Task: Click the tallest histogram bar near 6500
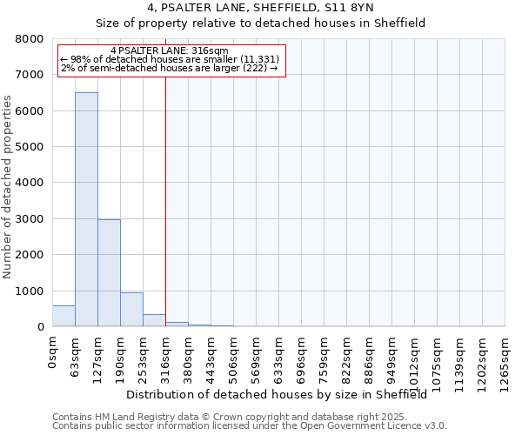[86, 209]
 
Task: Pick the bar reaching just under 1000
[131, 310]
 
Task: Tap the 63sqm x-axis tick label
[76, 355]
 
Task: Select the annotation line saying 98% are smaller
[170, 59]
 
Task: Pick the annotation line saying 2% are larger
[170, 68]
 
